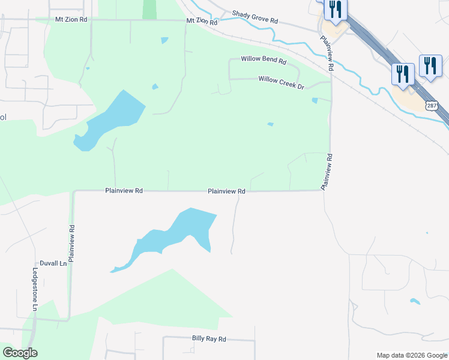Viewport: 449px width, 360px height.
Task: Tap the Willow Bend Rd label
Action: pyautogui.click(x=264, y=60)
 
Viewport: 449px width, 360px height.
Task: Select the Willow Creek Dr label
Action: pyautogui.click(x=282, y=82)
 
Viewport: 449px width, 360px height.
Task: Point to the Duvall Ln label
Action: pyautogui.click(x=53, y=263)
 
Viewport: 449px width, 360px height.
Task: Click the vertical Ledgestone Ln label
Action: pyautogui.click(x=35, y=290)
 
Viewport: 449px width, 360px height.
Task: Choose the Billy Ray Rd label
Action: pyautogui.click(x=209, y=339)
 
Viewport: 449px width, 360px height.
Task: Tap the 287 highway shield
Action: pyautogui.click(x=432, y=106)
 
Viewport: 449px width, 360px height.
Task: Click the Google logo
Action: pyautogui.click(x=20, y=353)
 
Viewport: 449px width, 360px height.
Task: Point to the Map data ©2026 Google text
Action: pyautogui.click(x=411, y=355)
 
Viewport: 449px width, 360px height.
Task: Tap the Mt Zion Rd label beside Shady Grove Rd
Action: pyautogui.click(x=202, y=20)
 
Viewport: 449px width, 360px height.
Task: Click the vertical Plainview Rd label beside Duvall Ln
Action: pyautogui.click(x=72, y=243)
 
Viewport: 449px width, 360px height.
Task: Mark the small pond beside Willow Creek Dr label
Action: pyautogui.click(x=315, y=100)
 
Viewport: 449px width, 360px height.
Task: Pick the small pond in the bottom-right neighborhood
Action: pyautogui.click(x=414, y=301)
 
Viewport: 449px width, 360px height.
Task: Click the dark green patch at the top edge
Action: pyautogui.click(x=149, y=9)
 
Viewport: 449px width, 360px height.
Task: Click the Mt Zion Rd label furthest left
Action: pyautogui.click(x=71, y=20)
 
